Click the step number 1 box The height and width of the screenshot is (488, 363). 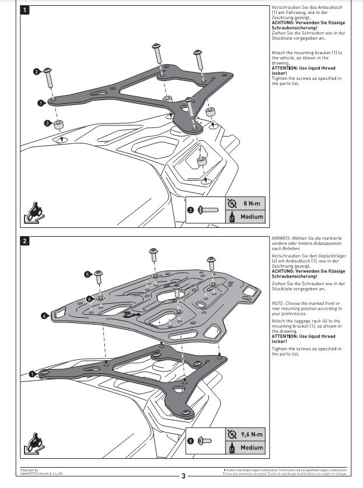tap(25, 10)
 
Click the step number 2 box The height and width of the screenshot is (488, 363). tap(25, 240)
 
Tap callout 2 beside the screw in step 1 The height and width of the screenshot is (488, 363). tap(36, 72)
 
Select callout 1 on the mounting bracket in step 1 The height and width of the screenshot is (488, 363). tap(41, 103)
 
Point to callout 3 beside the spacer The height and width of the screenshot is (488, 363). tap(47, 123)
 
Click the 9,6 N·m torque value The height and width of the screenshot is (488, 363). tap(252, 434)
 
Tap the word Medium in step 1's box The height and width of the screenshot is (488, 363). tap(252, 217)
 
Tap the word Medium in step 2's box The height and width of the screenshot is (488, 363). tap(252, 448)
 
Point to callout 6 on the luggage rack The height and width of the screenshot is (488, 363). tap(89, 299)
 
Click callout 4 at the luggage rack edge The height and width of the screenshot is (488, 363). tap(44, 316)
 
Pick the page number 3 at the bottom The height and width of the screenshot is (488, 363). tap(183, 476)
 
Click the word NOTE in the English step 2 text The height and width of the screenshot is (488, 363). tap(278, 303)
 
